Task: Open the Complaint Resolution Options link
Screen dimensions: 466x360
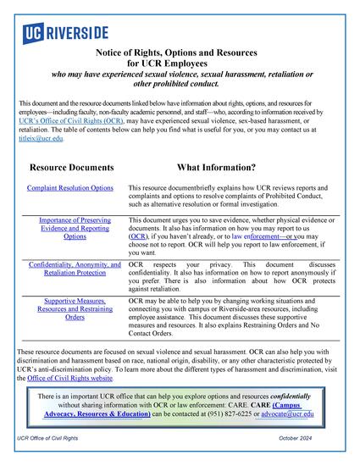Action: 69,186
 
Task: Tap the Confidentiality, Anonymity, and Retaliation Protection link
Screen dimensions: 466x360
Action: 75,272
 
